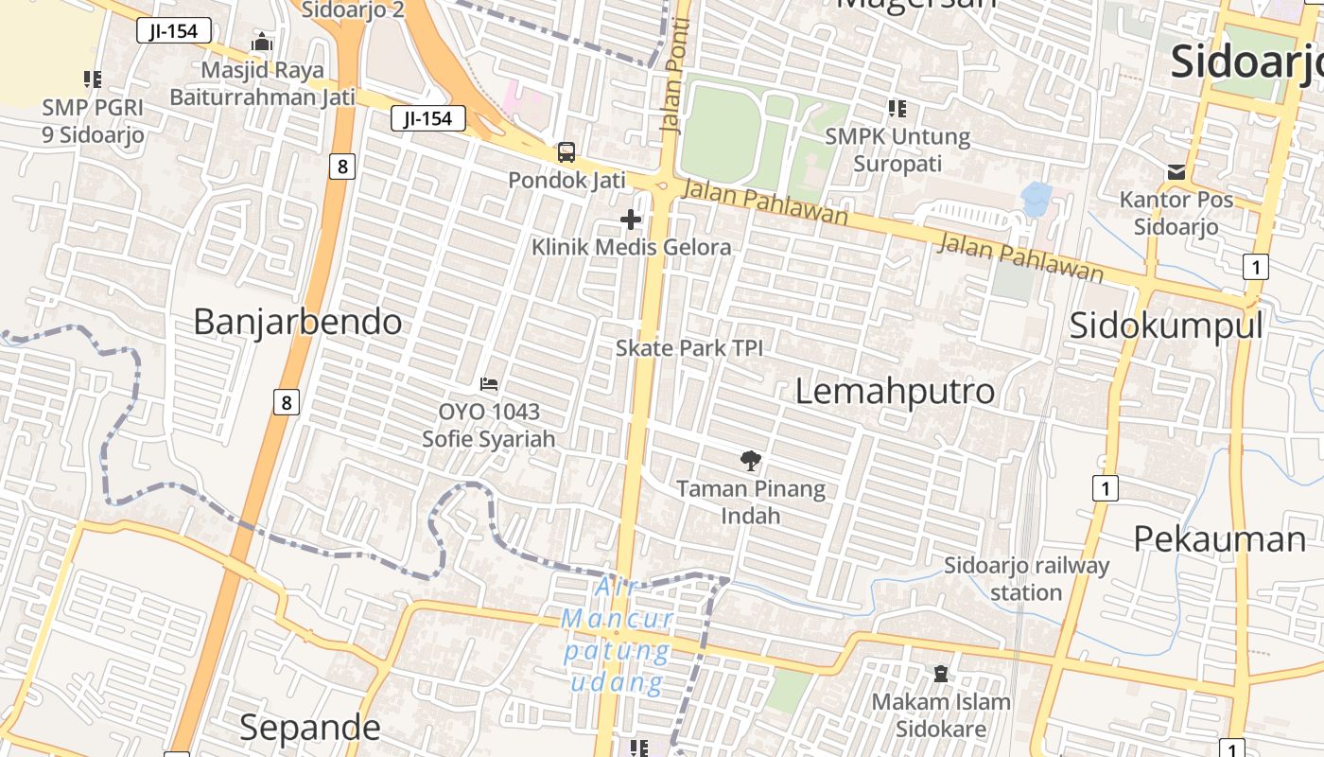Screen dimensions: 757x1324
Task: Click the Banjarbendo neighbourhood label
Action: pos(298,323)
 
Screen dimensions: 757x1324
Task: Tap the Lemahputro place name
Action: pos(895,391)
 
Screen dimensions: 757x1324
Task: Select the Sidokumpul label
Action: pos(1166,326)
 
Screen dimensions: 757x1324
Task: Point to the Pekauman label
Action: pos(1219,539)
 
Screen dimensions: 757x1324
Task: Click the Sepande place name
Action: pos(309,728)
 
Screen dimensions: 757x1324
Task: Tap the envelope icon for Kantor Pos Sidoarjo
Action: pos(1176,172)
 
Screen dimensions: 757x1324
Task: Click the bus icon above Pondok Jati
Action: pos(566,151)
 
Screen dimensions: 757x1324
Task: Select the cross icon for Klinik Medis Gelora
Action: pos(631,220)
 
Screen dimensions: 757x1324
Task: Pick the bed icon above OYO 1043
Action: pos(489,384)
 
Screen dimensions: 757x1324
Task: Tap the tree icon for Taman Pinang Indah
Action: pos(751,461)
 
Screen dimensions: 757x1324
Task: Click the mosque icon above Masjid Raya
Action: pos(262,43)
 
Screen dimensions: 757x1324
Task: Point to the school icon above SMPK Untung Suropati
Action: pos(897,109)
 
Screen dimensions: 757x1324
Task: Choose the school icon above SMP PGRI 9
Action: pos(92,79)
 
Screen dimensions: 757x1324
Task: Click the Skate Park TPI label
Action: pos(688,348)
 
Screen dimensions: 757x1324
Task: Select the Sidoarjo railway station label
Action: pos(1026,579)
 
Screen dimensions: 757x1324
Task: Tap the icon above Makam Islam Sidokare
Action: pos(940,674)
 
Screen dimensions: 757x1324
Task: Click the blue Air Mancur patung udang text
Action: pos(617,636)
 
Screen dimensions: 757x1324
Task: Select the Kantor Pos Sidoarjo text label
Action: pos(1176,213)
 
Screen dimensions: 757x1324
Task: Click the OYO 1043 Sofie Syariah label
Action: pos(489,425)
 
